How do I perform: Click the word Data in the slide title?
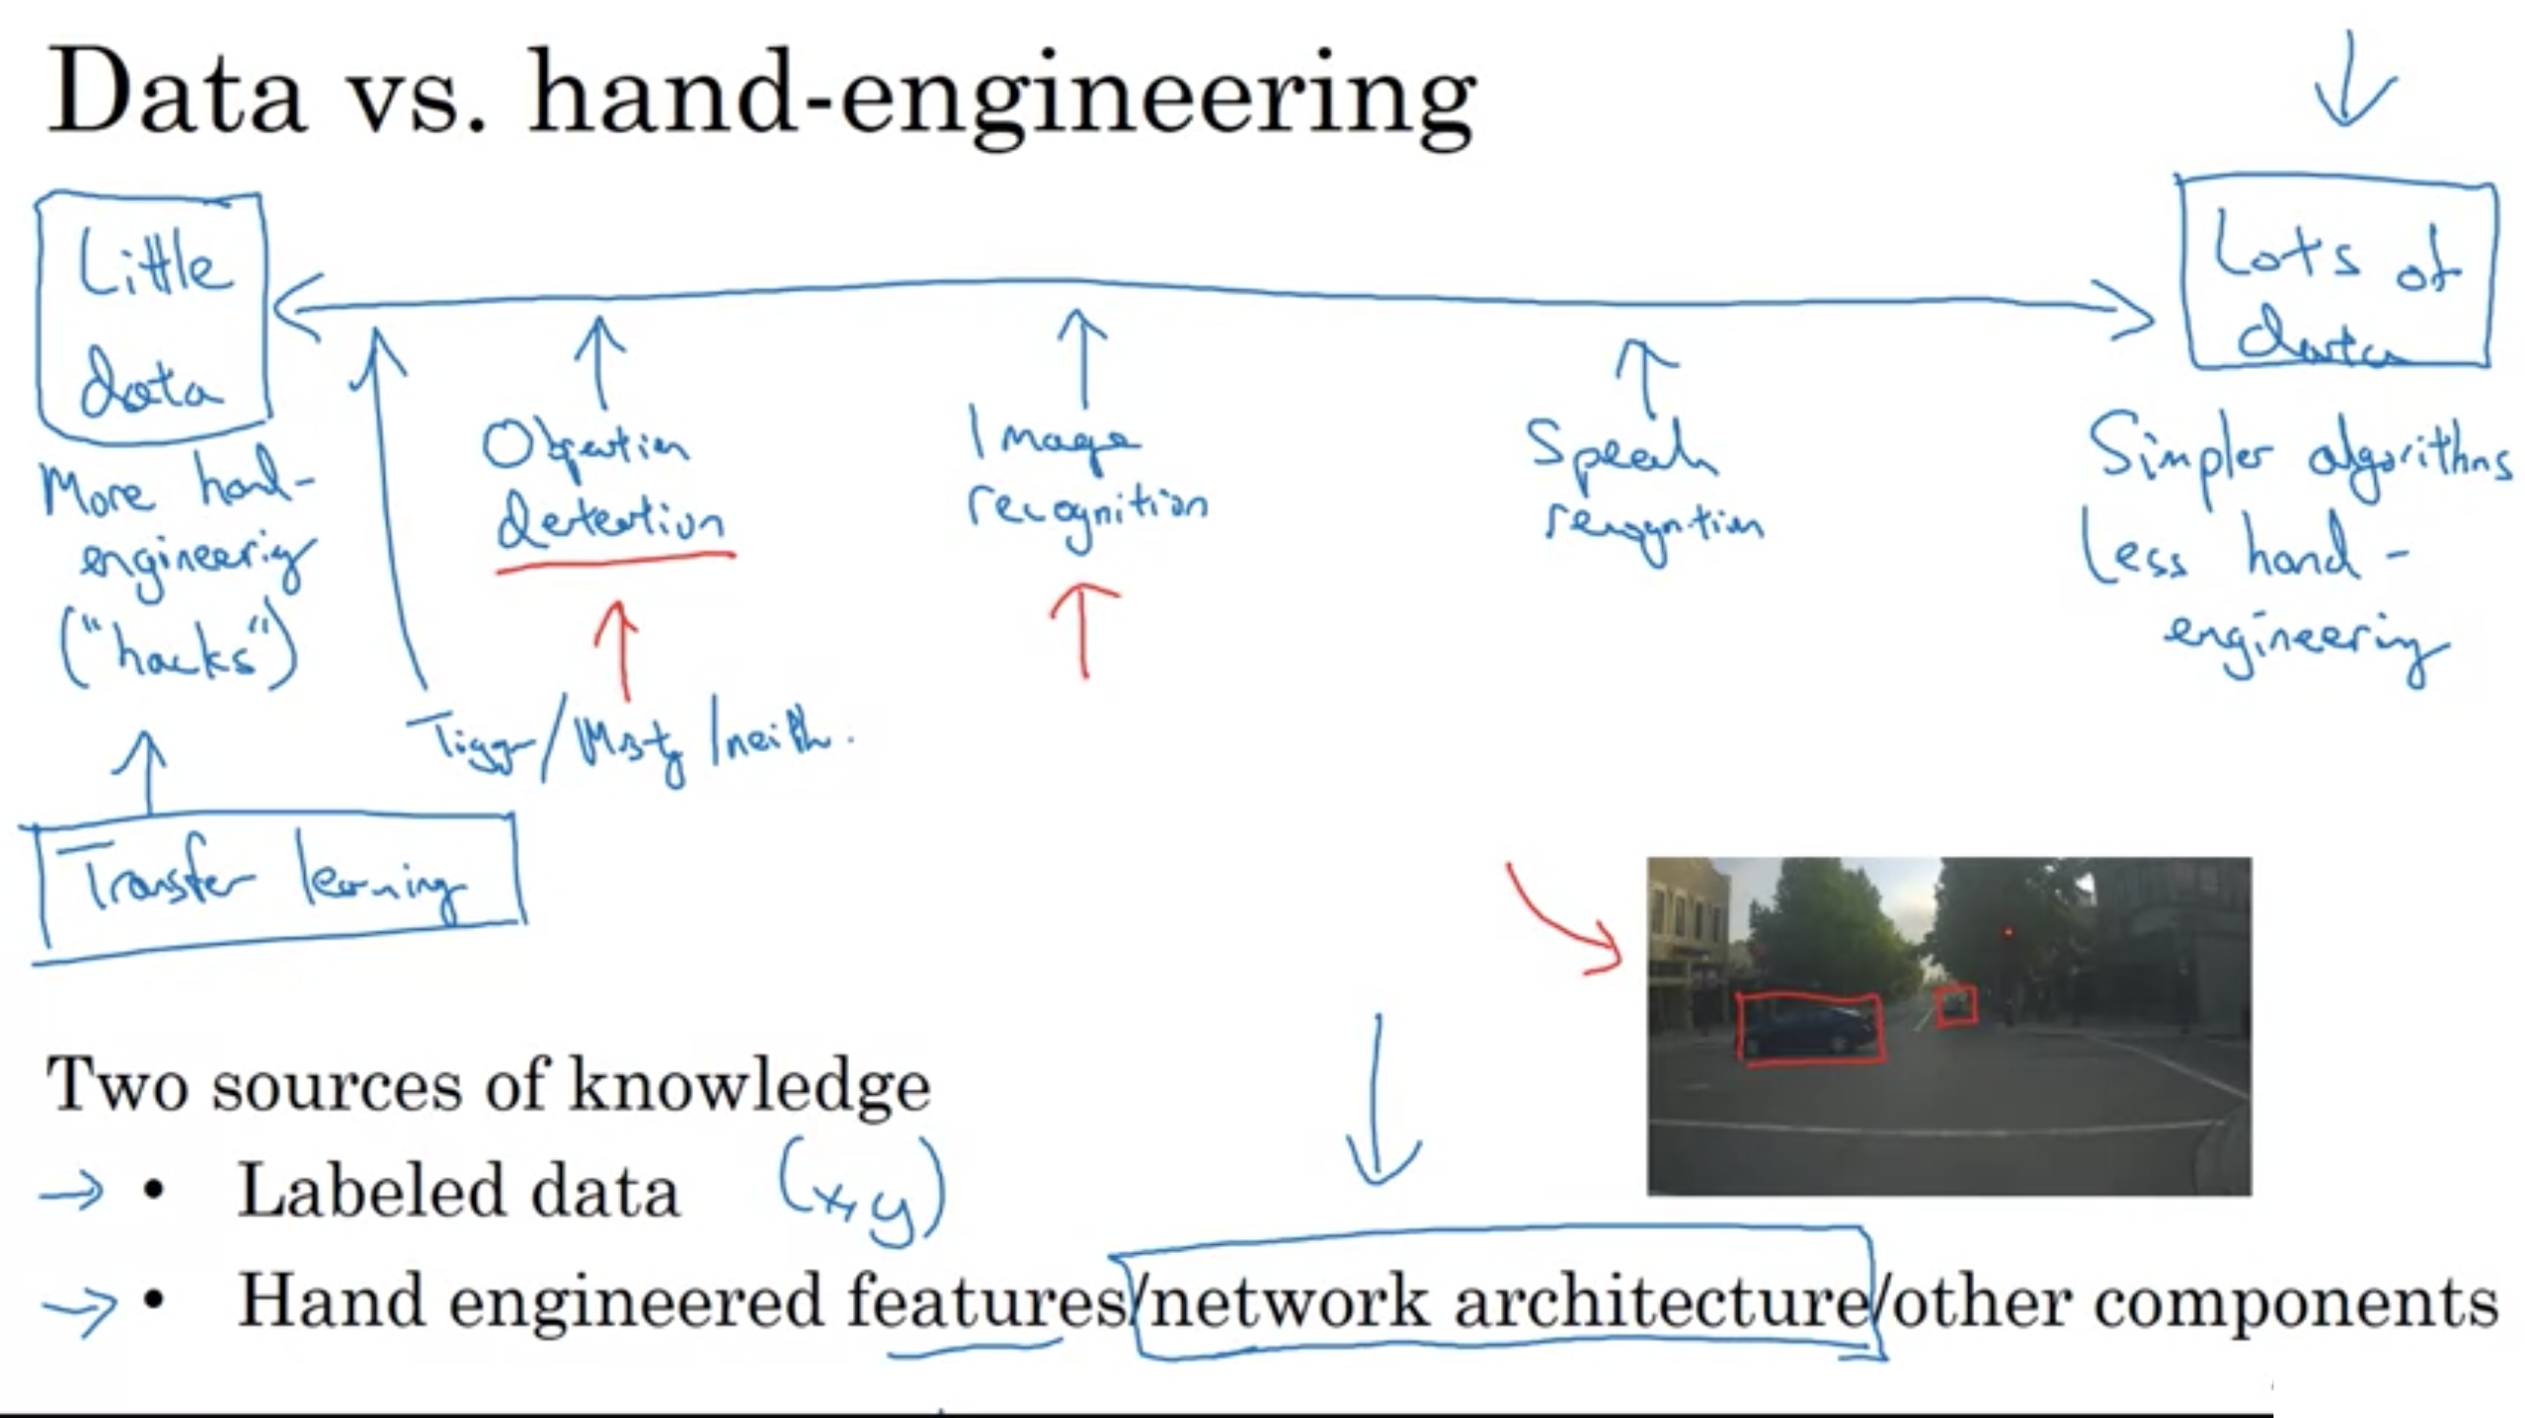click(175, 94)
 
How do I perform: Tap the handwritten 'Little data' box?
click(152, 316)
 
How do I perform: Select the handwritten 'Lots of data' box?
click(2335, 274)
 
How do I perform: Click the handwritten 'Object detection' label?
click(604, 484)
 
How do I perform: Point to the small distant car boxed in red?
click(1955, 1006)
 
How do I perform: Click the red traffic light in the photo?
click(2008, 933)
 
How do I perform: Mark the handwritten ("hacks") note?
click(179, 651)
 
